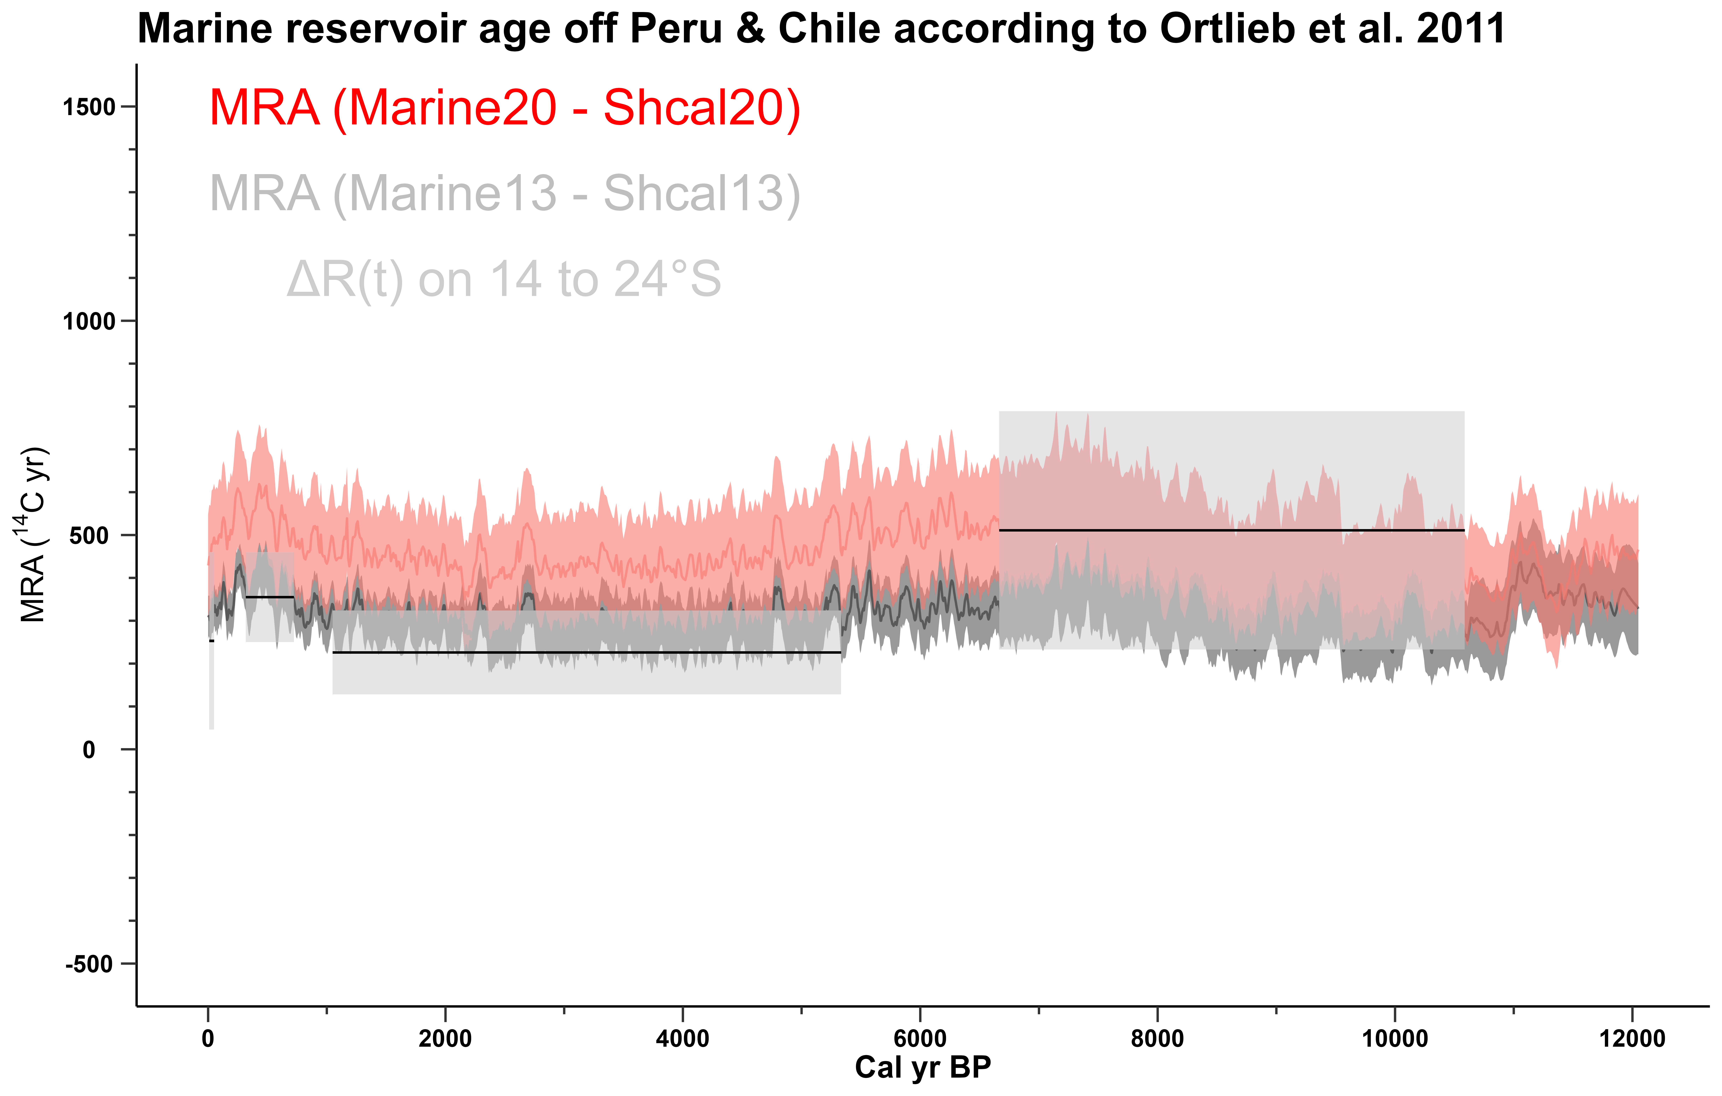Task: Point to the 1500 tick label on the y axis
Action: point(89,107)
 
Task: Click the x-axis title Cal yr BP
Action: point(922,1067)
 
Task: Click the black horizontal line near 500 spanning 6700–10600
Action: point(1231,530)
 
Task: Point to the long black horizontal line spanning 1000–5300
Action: point(586,652)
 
